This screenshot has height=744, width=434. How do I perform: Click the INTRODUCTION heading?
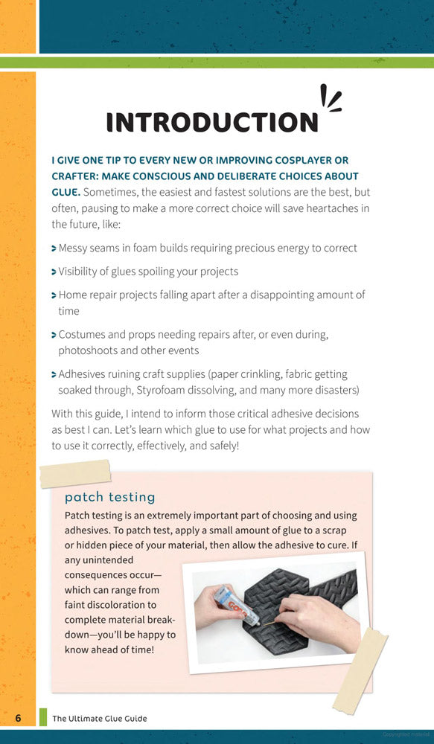[x=212, y=122]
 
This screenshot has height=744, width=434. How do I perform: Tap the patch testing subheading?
[x=109, y=496]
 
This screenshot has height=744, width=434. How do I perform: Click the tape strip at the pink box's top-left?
[x=74, y=472]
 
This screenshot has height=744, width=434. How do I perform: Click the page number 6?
[x=19, y=718]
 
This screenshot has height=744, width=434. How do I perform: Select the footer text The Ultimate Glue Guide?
[x=99, y=719]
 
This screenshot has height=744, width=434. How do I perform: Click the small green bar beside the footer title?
[x=42, y=718]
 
